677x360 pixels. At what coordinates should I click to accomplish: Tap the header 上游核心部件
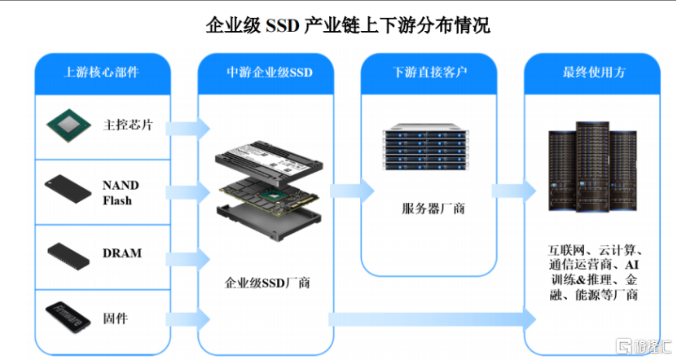click(101, 72)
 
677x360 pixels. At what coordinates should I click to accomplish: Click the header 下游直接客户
click(429, 72)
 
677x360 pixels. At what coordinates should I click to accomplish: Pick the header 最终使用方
click(594, 72)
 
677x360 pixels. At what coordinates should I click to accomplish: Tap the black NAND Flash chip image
click(68, 189)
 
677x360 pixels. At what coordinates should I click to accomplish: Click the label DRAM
click(122, 253)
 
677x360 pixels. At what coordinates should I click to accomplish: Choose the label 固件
click(115, 317)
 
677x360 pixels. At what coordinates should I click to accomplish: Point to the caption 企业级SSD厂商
click(267, 283)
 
